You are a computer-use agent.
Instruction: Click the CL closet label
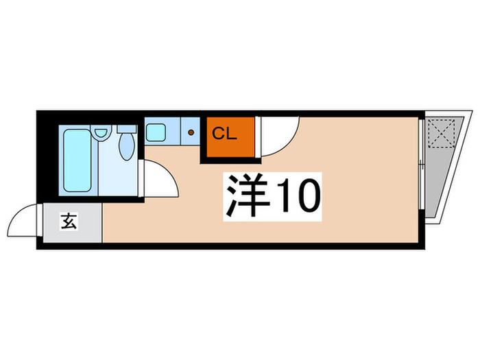(x=224, y=134)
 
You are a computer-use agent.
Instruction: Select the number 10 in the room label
(x=296, y=195)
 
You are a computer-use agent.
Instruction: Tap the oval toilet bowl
(x=126, y=146)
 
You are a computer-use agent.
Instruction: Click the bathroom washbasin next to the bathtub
(x=99, y=132)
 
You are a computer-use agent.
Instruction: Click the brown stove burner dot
(x=191, y=132)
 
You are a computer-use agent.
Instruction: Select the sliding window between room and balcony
(x=421, y=165)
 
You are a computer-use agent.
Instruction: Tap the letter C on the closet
(x=217, y=134)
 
